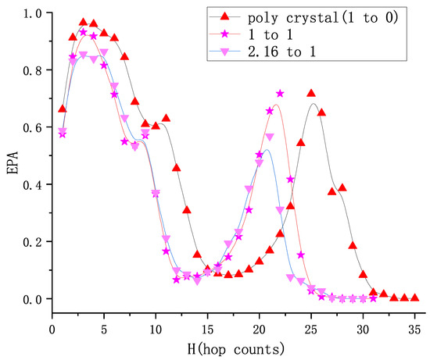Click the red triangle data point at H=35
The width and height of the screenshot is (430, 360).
click(x=414, y=298)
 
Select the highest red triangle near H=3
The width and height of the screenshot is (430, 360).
click(x=84, y=23)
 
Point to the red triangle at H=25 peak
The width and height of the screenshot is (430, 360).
click(x=311, y=94)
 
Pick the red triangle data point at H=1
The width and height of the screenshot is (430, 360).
click(x=63, y=109)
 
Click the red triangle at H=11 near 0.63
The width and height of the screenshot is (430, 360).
click(x=166, y=118)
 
